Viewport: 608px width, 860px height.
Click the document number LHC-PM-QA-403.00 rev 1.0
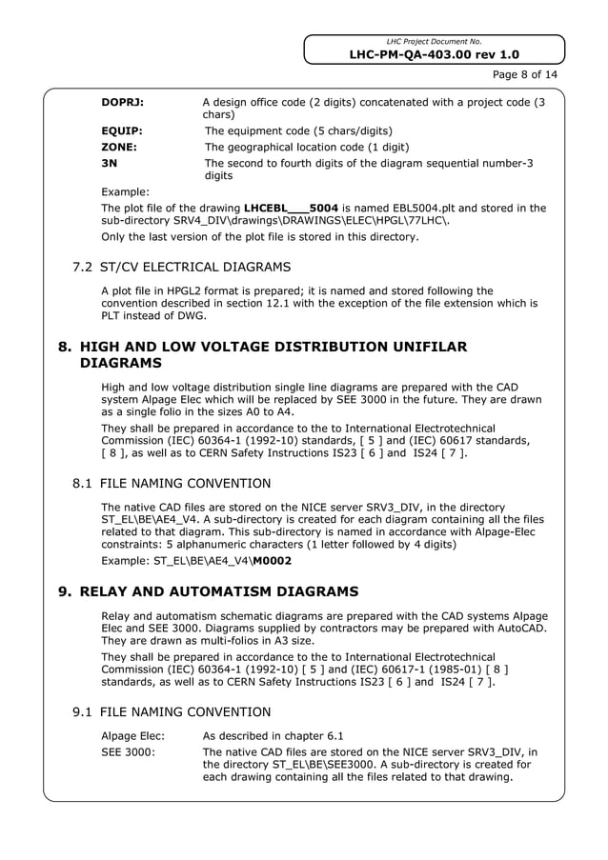tap(434, 55)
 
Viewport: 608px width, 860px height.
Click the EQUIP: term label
tap(122, 130)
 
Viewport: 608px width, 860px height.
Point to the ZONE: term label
tap(119, 148)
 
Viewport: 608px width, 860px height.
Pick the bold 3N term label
tap(110, 164)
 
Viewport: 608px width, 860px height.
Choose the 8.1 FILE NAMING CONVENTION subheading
tap(172, 484)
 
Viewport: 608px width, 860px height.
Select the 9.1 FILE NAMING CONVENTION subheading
tap(172, 711)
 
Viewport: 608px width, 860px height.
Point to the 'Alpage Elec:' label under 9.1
tap(133, 735)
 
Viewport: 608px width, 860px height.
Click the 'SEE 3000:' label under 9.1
tap(129, 752)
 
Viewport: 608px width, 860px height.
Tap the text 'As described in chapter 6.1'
tap(274, 735)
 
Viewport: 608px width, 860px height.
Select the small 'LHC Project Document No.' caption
tap(434, 42)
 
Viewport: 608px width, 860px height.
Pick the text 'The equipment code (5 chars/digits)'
tap(299, 130)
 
